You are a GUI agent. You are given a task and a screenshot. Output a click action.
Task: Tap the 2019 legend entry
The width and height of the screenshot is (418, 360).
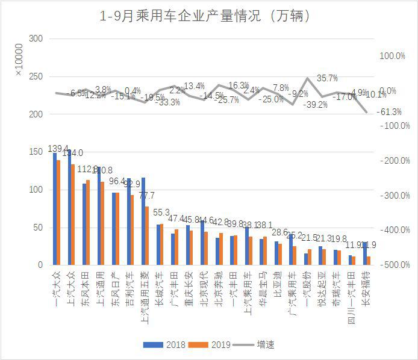click(215, 345)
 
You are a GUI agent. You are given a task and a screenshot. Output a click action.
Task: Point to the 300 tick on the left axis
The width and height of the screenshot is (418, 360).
click(36, 39)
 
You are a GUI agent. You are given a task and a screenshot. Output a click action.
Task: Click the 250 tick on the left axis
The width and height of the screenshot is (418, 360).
click(36, 76)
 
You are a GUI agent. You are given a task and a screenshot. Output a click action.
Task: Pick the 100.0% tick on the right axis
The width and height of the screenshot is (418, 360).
click(392, 56)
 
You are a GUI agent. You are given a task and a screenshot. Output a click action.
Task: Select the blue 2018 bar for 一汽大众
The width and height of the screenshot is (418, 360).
click(55, 209)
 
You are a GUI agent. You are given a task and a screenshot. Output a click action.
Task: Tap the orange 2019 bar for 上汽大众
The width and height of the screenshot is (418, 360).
click(73, 214)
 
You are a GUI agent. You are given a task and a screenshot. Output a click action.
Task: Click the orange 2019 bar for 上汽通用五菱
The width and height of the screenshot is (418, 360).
click(147, 235)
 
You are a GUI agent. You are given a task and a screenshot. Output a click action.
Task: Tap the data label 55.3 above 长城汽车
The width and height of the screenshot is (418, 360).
click(161, 213)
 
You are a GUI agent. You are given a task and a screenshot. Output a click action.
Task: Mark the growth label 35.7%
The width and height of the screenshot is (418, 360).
click(327, 78)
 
